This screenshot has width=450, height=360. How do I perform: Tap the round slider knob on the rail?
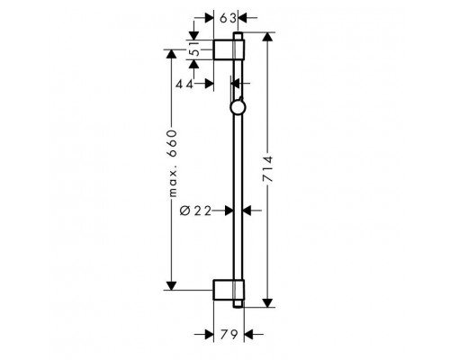(237, 110)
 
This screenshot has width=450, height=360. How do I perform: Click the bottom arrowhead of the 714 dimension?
(266, 302)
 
